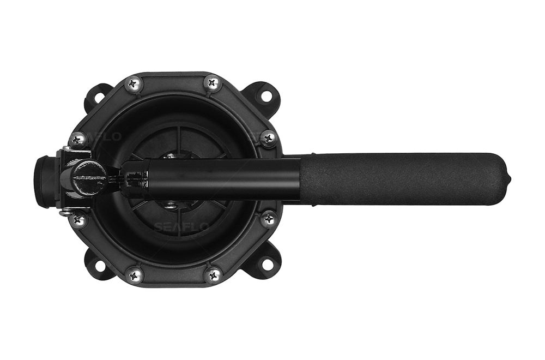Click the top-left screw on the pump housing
(134, 84)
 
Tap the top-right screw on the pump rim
(213, 83)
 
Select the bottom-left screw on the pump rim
(134, 275)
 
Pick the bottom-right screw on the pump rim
(213, 275)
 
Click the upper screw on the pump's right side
(268, 139)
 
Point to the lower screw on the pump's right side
(268, 219)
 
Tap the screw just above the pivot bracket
(77, 140)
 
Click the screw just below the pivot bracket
(78, 220)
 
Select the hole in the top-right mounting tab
(265, 96)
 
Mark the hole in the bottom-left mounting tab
(100, 266)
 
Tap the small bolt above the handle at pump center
(171, 157)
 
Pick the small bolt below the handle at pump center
(171, 205)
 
